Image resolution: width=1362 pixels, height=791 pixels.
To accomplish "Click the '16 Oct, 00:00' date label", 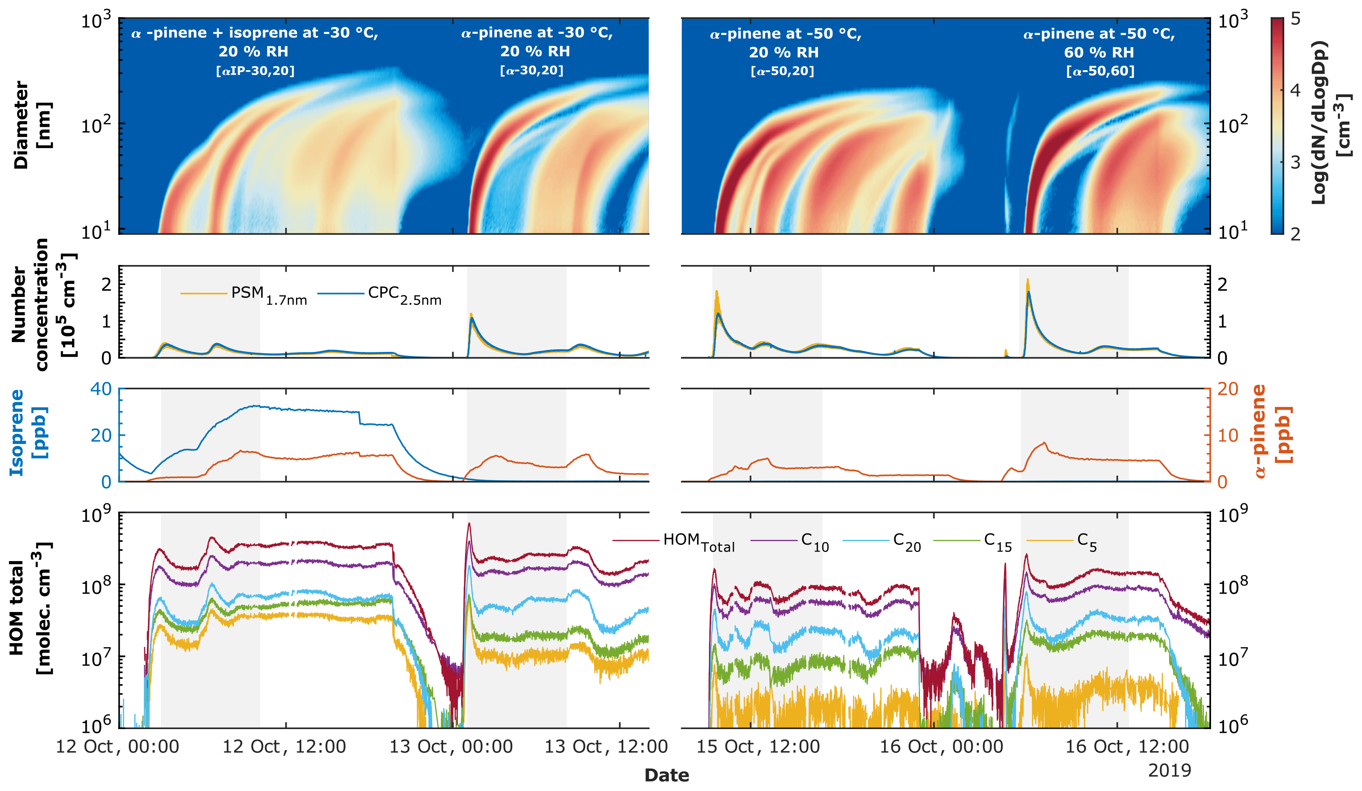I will pyautogui.click(x=941, y=747).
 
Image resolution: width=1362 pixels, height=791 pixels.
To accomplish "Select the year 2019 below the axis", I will pyautogui.click(x=1169, y=771).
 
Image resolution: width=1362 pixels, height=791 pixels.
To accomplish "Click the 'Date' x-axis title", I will pyautogui.click(x=666, y=775).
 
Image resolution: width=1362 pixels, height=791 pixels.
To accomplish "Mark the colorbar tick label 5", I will pyautogui.click(x=1296, y=20).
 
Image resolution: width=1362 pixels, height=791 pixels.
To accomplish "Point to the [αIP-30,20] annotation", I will pyautogui.click(x=255, y=71).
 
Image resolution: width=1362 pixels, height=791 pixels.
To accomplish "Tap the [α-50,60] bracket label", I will pyautogui.click(x=1100, y=71).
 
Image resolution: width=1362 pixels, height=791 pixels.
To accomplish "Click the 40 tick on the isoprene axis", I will pyautogui.click(x=101, y=389).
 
